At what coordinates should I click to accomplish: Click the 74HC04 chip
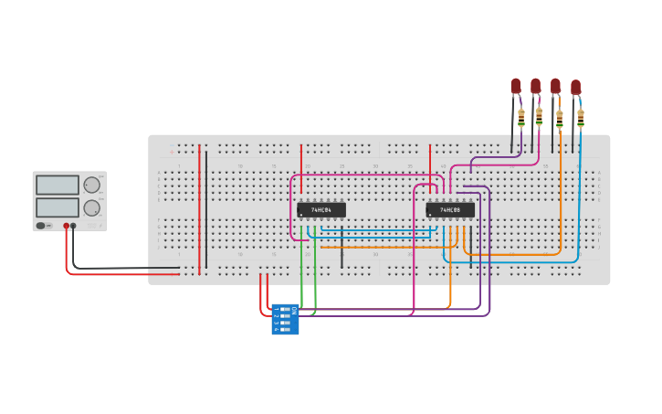point(320,209)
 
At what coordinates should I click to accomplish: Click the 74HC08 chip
point(450,209)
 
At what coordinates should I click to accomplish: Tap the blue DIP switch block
point(285,319)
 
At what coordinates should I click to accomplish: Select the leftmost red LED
point(515,86)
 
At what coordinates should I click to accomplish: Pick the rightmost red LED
point(575,87)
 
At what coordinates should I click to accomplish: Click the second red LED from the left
point(535,86)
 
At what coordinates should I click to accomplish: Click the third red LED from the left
point(555,86)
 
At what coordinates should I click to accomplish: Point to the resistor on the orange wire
point(560,117)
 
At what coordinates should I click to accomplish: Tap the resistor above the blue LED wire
point(581,117)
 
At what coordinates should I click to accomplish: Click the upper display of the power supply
point(58,185)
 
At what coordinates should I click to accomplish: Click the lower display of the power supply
point(58,207)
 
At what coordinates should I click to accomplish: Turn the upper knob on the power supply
point(91,185)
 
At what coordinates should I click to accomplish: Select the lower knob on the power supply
point(91,207)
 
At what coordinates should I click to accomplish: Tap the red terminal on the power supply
point(66,225)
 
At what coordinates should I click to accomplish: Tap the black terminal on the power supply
point(74,225)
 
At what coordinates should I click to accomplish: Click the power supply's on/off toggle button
point(41,225)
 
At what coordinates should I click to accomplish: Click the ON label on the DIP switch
point(294,311)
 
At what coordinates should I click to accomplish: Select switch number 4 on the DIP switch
point(284,329)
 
